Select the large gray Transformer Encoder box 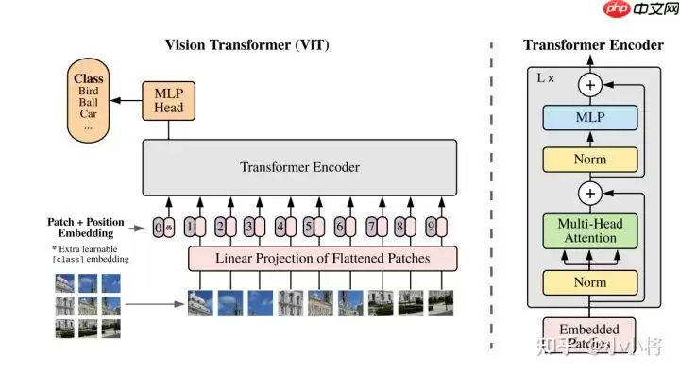299,168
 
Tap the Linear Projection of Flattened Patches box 322,258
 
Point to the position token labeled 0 159,228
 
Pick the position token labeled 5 309,228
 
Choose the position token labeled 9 430,228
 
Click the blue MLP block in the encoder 589,119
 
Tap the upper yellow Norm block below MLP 589,160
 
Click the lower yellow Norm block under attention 589,280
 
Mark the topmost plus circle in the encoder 590,85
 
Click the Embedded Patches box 589,336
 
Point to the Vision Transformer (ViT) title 247,44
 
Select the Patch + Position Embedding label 86,228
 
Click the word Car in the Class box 88,113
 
